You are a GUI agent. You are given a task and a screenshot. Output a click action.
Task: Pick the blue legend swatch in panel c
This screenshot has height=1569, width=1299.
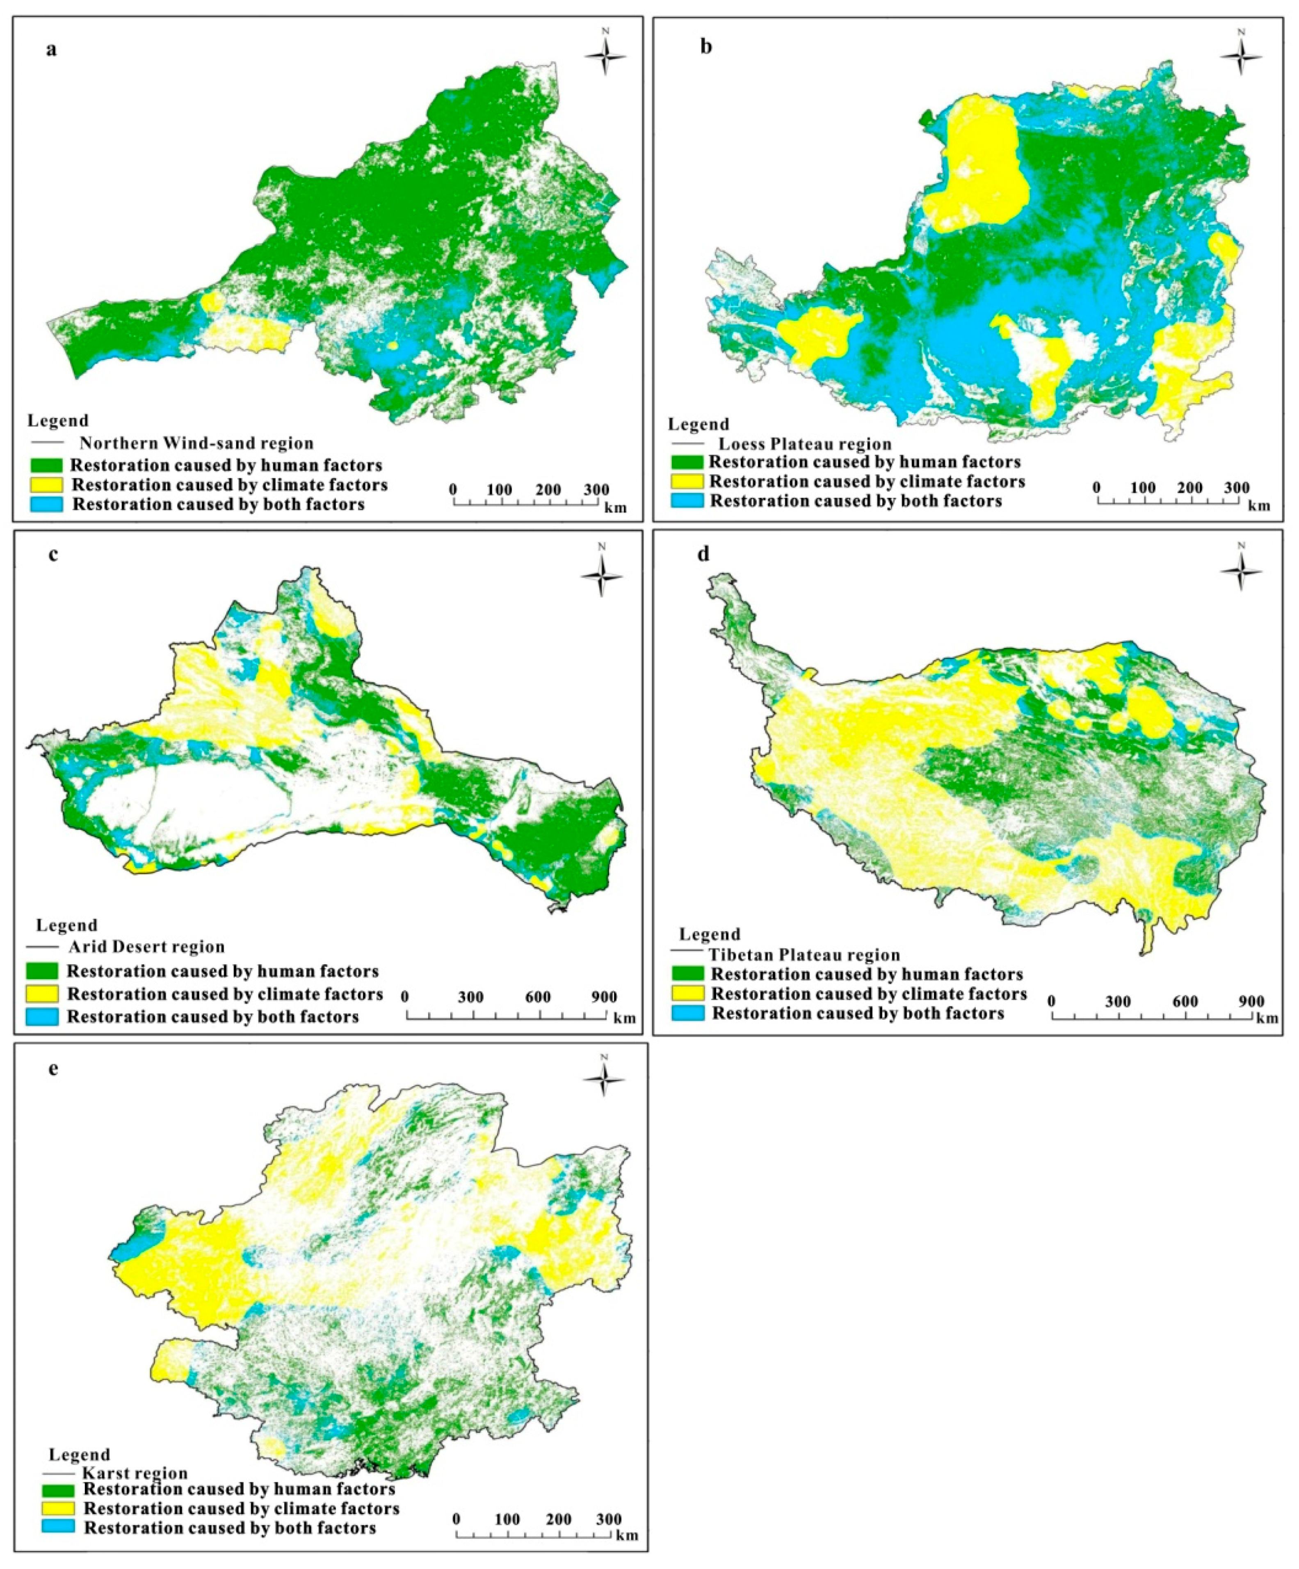tap(45, 1016)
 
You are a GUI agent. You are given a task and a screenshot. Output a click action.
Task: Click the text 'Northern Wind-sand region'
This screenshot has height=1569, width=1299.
tap(197, 443)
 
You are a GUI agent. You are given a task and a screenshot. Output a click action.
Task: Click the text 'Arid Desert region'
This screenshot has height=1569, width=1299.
tap(146, 947)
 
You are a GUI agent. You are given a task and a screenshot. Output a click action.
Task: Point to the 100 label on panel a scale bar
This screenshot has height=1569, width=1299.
tap(500, 490)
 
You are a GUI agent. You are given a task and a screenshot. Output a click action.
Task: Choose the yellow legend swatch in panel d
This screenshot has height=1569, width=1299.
tap(689, 993)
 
